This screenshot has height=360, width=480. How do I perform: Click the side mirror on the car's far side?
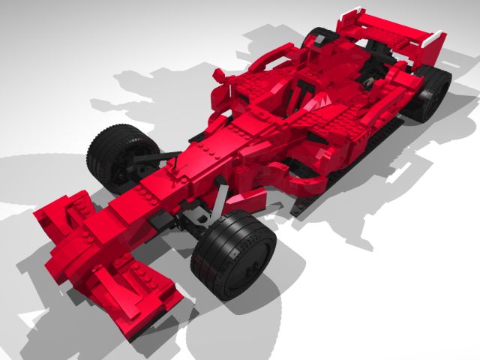[220, 75]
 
